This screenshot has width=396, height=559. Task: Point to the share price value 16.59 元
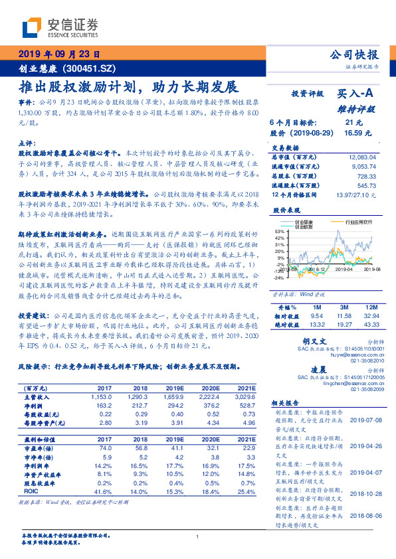click(353, 133)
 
